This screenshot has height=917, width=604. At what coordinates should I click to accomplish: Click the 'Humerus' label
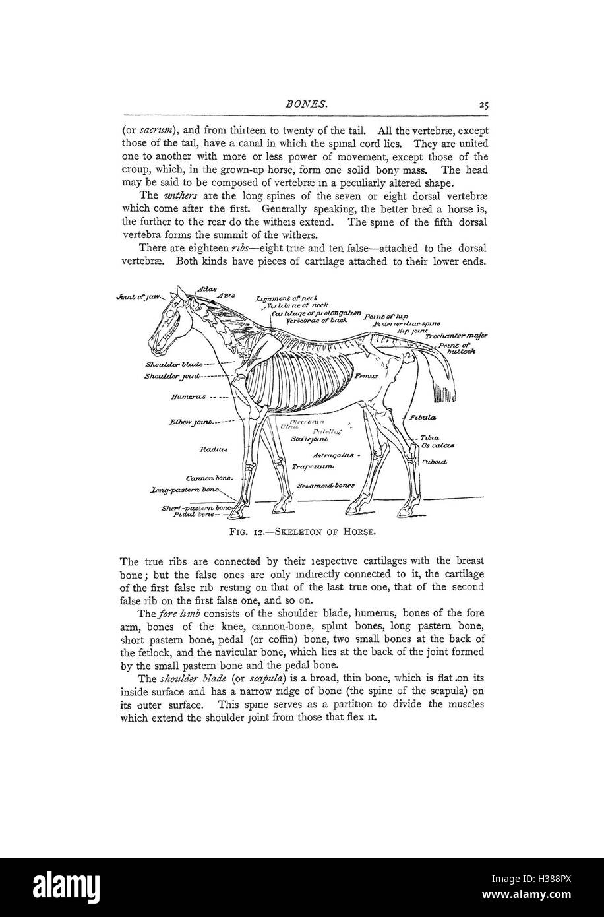189,398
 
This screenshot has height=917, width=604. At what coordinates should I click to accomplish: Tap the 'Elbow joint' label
191,421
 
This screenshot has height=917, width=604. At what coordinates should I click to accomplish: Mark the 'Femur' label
365,376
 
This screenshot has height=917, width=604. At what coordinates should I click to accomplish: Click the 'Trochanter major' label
456,336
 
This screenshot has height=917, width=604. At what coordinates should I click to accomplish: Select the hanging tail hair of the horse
440,384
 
